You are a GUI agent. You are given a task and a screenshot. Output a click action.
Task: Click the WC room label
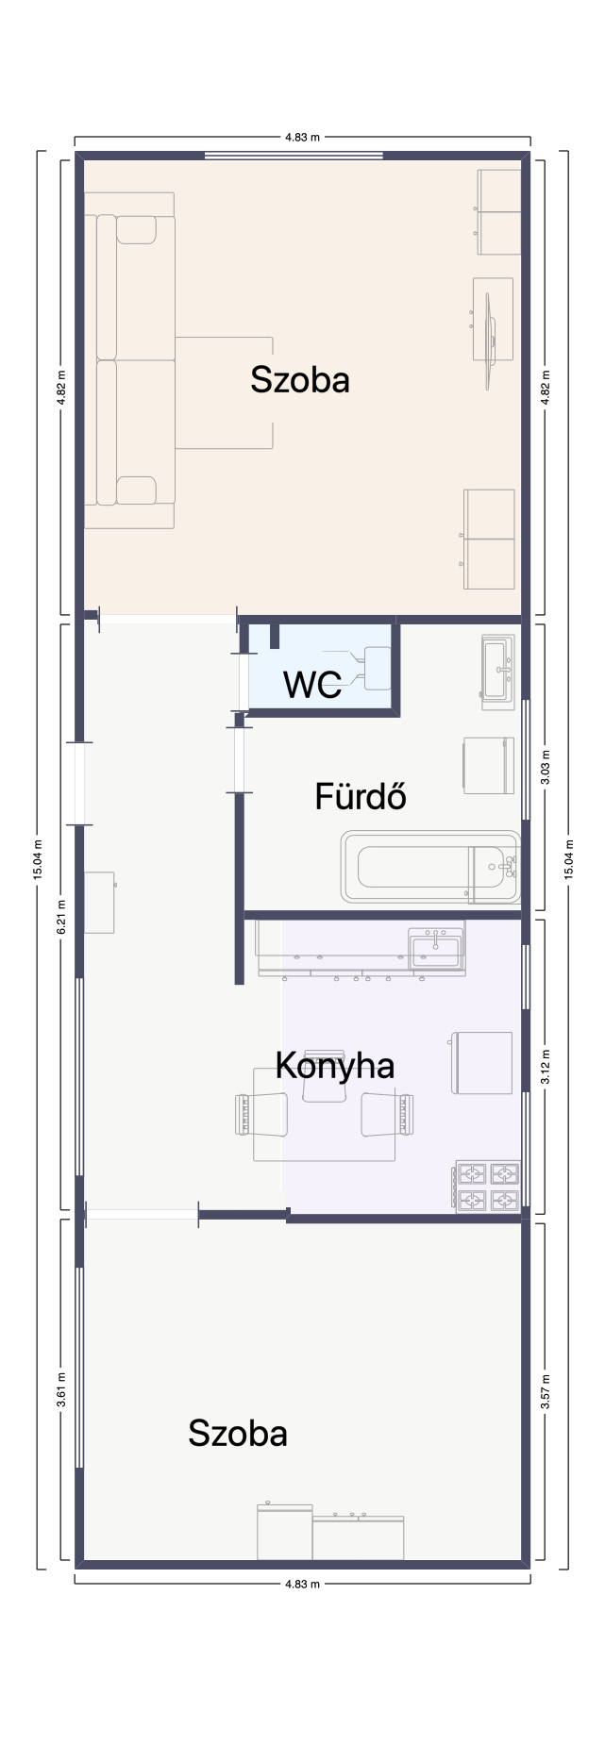[312, 685]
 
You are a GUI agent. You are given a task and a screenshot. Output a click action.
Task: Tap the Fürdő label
[361, 797]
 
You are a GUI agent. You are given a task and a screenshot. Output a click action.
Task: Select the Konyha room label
[334, 1066]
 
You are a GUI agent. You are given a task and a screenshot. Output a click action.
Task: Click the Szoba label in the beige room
[300, 379]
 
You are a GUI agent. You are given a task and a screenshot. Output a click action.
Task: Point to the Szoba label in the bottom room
[238, 1433]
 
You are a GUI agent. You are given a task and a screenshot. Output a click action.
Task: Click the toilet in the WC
[363, 668]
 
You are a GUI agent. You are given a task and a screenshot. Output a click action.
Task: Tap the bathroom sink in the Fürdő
[497, 672]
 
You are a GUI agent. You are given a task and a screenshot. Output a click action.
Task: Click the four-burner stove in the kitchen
[488, 1187]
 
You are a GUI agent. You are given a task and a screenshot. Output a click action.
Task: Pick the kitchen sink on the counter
[436, 949]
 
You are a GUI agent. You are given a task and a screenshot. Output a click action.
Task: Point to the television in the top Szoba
[490, 340]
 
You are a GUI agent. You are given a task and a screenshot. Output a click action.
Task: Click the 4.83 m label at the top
[302, 138]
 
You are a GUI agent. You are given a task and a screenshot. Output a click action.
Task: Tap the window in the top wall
[294, 156]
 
